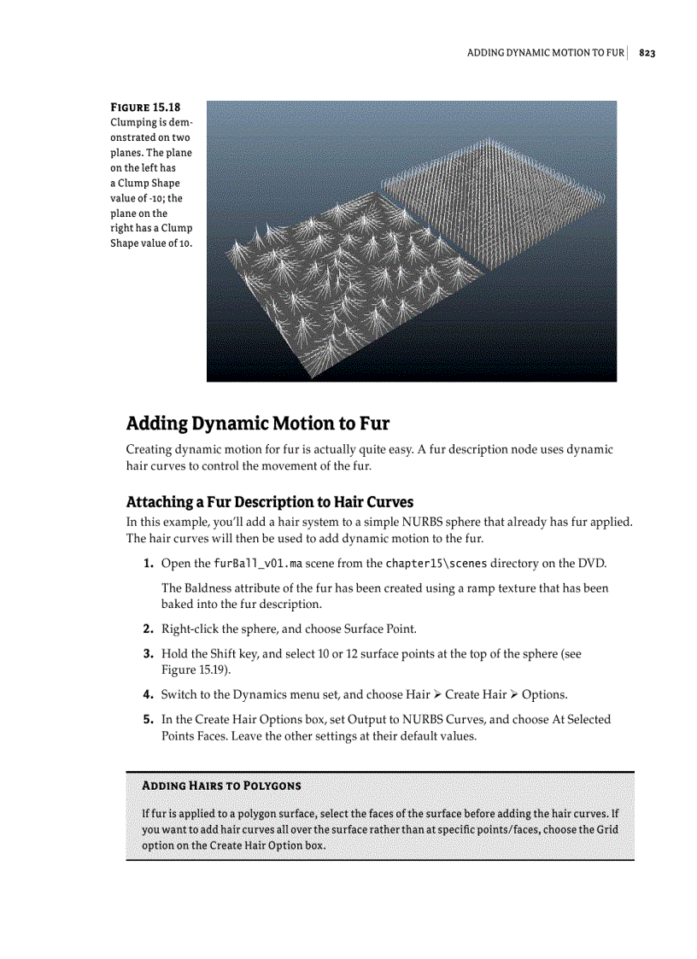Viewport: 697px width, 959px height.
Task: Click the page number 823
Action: coord(647,53)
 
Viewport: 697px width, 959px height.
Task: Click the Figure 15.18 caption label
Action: coord(145,108)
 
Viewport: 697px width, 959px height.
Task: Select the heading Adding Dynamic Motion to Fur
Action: coord(257,424)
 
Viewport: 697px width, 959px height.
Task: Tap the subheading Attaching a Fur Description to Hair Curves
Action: coord(269,501)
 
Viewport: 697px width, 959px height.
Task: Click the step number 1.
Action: coord(148,564)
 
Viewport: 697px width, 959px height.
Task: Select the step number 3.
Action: coord(148,654)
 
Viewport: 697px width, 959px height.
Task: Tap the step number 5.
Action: coord(148,720)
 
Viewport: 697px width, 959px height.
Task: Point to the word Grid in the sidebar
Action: coord(606,830)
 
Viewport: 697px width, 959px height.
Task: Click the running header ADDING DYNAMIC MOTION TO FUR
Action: coord(545,53)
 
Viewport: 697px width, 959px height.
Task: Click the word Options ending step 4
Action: coord(543,694)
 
